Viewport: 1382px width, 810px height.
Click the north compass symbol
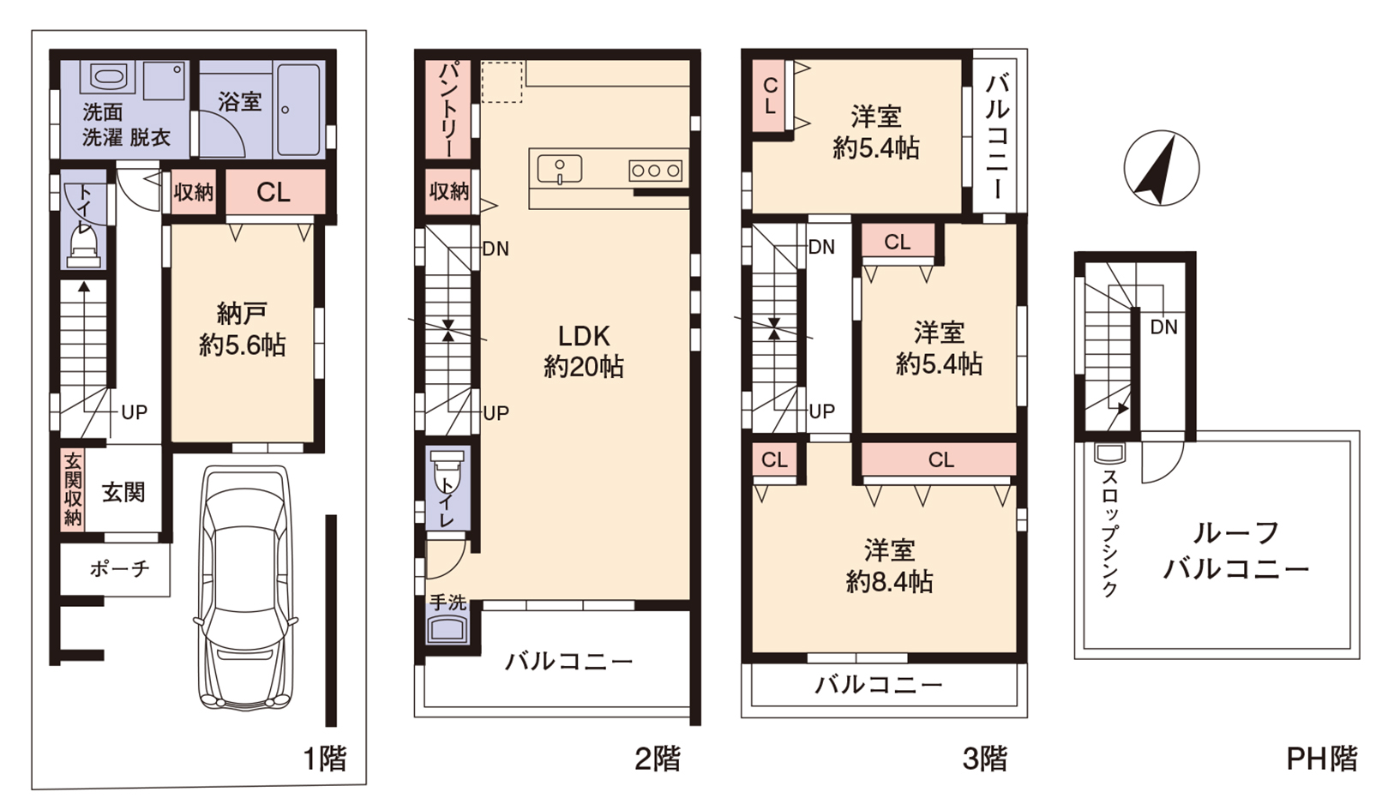[x=1161, y=168]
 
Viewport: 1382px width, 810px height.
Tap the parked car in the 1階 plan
[x=246, y=589]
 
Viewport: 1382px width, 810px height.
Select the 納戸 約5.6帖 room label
[x=242, y=329]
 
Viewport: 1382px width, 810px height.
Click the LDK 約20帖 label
[x=584, y=351]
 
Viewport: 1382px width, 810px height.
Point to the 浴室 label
[x=239, y=101]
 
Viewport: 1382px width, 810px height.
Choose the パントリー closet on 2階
[x=448, y=110]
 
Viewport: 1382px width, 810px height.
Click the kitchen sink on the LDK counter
[x=560, y=169]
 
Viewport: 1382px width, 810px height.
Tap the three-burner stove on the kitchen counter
[x=655, y=171]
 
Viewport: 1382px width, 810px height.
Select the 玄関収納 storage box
[x=73, y=489]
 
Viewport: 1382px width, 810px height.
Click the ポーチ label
[x=120, y=568]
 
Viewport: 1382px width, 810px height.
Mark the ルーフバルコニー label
[x=1235, y=550]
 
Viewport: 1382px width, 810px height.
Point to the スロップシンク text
[x=1109, y=534]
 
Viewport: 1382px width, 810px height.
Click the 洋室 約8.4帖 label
[x=889, y=566]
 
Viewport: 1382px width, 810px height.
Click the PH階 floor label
[x=1321, y=759]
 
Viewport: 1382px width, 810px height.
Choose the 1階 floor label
[x=325, y=759]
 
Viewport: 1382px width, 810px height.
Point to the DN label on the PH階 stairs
[x=1163, y=327]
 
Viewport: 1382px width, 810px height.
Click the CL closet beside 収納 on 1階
[x=274, y=192]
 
